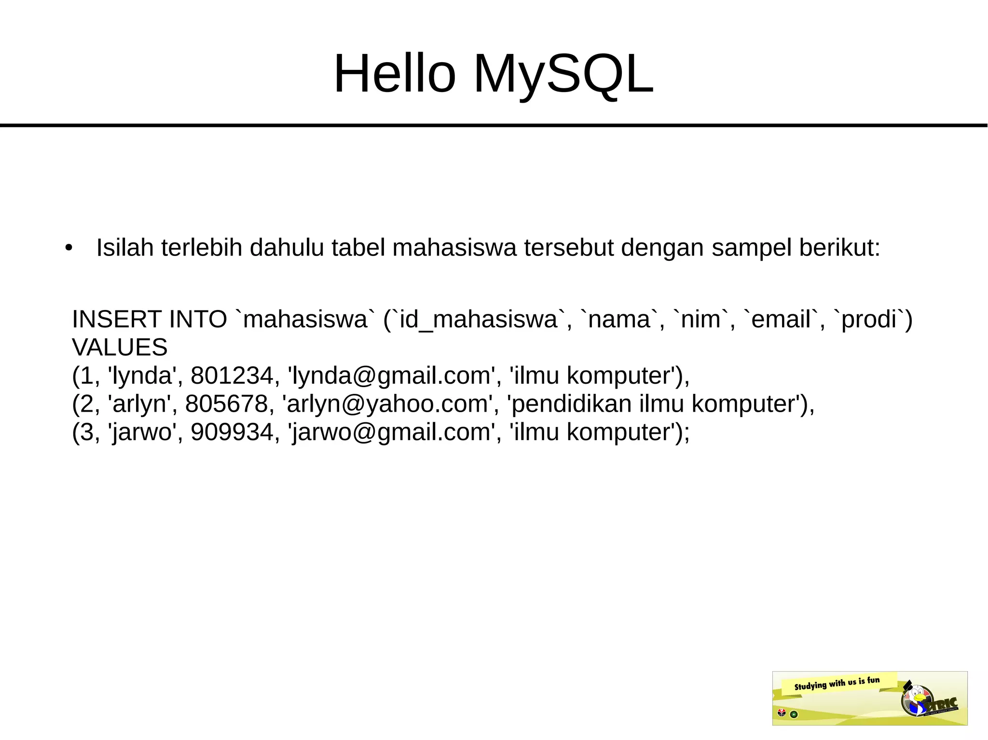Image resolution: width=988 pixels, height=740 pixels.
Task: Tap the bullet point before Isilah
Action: [x=69, y=248]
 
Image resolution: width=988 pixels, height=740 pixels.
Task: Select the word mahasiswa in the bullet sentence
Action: [x=454, y=248]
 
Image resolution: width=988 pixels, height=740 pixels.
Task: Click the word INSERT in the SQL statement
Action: [x=116, y=319]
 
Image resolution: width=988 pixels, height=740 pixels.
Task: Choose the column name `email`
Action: [x=782, y=319]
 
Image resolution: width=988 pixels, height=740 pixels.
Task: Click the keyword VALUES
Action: [x=120, y=347]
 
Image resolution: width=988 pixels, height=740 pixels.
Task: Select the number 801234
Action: [x=232, y=376]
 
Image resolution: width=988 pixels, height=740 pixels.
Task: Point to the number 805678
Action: [x=226, y=404]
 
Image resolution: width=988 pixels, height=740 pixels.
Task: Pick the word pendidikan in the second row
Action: [x=571, y=404]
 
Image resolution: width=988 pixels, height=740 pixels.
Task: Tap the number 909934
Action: [x=232, y=432]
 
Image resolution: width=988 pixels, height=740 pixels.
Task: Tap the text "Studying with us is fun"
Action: [x=837, y=683]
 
